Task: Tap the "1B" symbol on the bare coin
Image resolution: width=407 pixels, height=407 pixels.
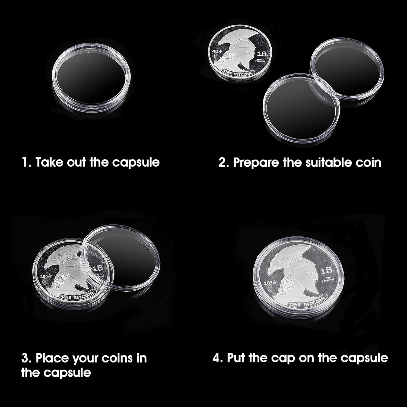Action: [262, 54]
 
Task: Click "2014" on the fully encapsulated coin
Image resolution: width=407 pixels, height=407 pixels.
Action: [270, 283]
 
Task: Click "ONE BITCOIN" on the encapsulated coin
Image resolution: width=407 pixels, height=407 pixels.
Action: [307, 302]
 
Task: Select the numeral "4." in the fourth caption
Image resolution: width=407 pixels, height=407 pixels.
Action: [218, 358]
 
